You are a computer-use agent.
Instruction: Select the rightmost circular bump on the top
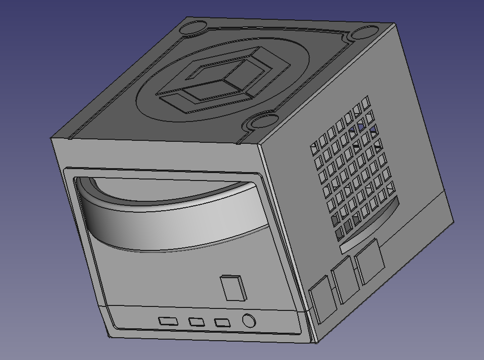[365, 34]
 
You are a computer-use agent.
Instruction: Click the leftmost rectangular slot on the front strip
[168, 321]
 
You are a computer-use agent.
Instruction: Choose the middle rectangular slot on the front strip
[196, 322]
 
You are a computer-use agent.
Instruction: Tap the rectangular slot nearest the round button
[222, 323]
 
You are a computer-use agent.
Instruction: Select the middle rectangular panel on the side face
[345, 280]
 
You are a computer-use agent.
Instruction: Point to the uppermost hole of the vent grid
[366, 102]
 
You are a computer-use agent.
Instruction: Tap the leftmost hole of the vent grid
[314, 147]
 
